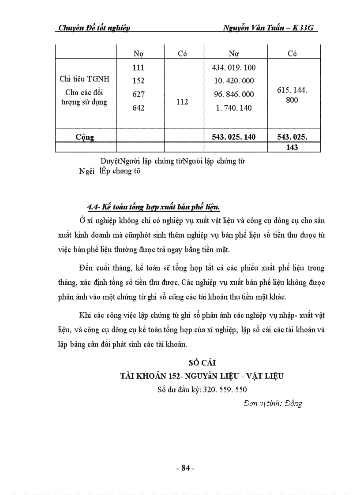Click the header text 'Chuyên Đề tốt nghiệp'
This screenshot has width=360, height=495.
94,28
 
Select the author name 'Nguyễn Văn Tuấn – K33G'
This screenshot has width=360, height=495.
271,28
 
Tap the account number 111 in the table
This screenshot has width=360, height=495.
139,68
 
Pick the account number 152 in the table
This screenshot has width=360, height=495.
139,81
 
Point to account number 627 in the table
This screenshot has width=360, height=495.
139,94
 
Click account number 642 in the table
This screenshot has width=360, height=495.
139,108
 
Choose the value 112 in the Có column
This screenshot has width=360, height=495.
182,102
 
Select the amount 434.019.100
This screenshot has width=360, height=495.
234,68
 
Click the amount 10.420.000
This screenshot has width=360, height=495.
234,81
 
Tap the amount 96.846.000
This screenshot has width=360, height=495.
234,94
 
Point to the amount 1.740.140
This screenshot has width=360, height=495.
234,108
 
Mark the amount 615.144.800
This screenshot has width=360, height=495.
292,95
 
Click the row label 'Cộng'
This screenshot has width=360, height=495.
85,137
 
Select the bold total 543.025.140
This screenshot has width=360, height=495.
234,137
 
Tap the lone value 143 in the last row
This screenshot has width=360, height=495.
292,148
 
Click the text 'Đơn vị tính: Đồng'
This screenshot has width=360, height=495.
272,403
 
